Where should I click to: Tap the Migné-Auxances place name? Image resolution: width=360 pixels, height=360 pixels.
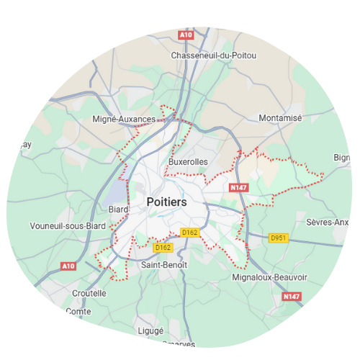pos(125,119)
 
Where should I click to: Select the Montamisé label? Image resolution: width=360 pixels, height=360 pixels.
pos(280,117)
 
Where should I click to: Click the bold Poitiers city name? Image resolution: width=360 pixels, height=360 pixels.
pos(166,202)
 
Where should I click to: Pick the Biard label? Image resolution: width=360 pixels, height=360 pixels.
pos(118,210)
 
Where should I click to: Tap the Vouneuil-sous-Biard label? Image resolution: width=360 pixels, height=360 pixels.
pos(68,225)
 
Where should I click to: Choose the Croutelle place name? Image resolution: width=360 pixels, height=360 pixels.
pos(89,293)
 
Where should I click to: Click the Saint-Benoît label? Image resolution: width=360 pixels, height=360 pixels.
pos(164,265)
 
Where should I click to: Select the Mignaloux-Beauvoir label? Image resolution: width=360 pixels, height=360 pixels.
pos(270,277)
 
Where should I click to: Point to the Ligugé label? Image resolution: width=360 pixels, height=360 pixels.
pos(150,330)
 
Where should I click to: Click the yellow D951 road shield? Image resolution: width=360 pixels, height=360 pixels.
pos(279,238)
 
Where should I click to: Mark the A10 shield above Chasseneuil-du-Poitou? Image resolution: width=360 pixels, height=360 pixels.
pos(186,34)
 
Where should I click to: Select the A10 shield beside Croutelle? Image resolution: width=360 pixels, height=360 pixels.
pos(68,266)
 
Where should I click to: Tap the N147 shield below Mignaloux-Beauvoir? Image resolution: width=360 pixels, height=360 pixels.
pos(291,297)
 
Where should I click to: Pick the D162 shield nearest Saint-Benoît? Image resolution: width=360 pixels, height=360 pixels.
pos(163,248)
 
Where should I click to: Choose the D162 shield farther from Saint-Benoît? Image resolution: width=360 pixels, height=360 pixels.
pos(189,232)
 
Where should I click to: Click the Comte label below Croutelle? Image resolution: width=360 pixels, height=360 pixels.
pos(78,312)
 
